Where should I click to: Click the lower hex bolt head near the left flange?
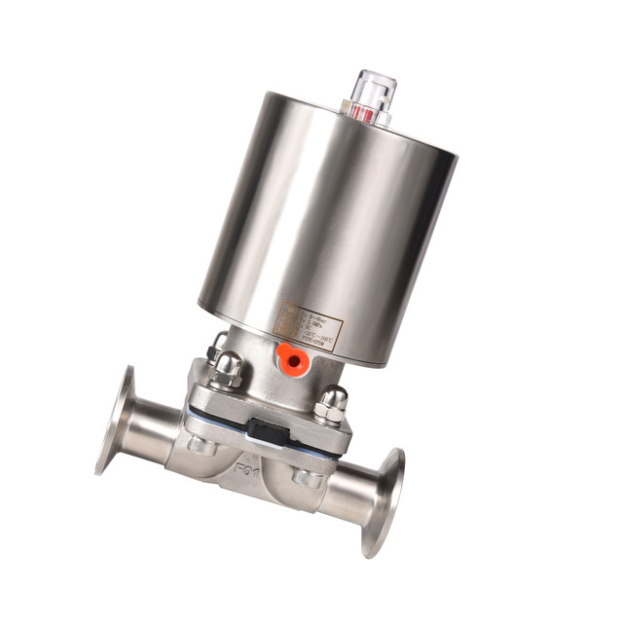[202, 445]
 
